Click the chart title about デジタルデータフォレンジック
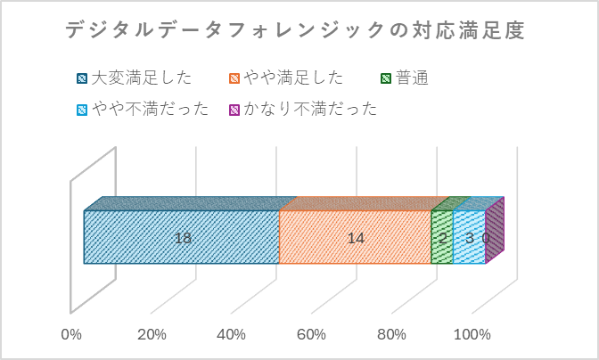[295, 30]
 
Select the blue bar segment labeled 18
[134, 238]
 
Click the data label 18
[183, 238]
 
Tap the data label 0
[486, 238]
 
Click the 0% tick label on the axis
[71, 335]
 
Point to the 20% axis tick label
[152, 335]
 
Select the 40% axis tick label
[232, 335]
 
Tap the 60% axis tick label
[312, 335]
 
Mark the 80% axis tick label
[392, 335]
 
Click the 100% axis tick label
[472, 335]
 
